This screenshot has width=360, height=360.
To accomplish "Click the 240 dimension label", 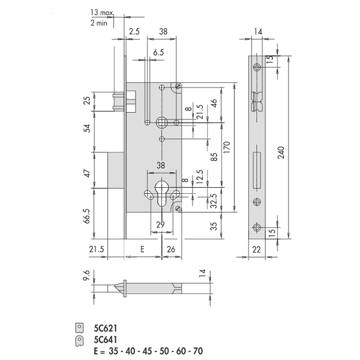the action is click(281, 152).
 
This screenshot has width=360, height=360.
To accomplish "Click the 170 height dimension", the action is click(227, 148).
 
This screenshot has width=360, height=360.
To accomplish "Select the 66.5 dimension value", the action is click(87, 216).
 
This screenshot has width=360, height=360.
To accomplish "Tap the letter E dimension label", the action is click(142, 249).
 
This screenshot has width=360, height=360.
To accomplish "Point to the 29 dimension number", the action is click(160, 224).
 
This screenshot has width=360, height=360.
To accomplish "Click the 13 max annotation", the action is click(101, 13).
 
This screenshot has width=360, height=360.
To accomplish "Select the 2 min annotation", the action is click(99, 23).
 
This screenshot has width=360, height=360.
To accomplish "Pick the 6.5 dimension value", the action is click(158, 53).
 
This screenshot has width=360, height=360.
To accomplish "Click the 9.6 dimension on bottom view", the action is click(86, 276).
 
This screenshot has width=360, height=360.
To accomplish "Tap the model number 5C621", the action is click(106, 328).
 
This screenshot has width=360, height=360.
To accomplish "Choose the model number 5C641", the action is click(106, 340).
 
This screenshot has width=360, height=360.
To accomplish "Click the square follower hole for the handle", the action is click(162, 122).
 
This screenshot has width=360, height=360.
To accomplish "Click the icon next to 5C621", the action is click(79, 328).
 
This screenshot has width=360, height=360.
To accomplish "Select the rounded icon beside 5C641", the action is click(79, 341).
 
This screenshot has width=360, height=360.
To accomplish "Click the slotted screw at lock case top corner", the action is click(178, 86).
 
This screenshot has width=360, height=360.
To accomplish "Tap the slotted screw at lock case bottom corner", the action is click(178, 208).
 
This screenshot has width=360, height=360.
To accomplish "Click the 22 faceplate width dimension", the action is click(256, 250).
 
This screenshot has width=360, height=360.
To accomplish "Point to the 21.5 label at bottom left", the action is click(97, 249).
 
